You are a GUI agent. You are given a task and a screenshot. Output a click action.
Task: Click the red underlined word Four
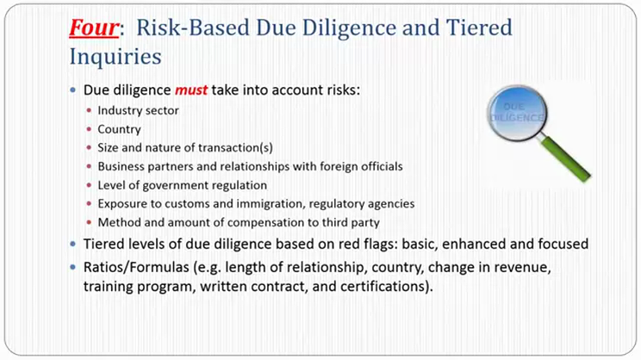[94, 28]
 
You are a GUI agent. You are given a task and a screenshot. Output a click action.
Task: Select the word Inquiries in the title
[115, 56]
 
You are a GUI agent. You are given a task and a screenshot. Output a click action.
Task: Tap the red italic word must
[191, 90]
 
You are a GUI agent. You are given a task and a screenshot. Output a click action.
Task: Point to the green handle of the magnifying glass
[566, 158]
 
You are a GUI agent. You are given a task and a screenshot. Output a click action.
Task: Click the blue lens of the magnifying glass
[517, 113]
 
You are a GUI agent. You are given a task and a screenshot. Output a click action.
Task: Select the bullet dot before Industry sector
[89, 110]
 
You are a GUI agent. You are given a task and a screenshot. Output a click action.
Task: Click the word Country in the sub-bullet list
[119, 129]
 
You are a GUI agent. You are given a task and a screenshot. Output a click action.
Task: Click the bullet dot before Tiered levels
[72, 244]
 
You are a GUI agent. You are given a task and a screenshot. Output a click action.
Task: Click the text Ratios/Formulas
[136, 267]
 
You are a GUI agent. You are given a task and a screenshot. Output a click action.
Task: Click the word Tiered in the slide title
[479, 28]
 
